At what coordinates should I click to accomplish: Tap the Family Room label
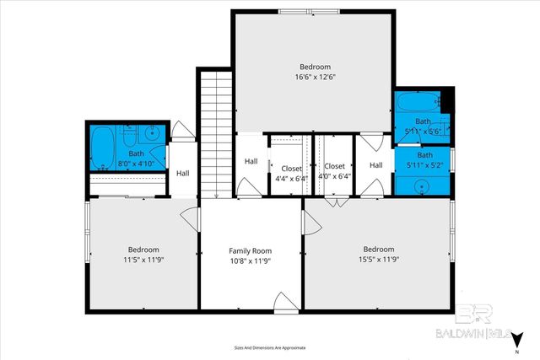click(251, 250)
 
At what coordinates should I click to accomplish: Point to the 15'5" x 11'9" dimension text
click(378, 261)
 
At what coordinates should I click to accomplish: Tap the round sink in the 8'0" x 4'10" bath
click(148, 132)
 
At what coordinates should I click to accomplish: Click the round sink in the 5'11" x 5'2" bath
click(424, 186)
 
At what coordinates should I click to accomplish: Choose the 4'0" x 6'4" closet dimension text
click(334, 178)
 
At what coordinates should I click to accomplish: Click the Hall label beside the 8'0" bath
click(183, 174)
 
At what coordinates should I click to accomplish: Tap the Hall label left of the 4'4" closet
click(251, 161)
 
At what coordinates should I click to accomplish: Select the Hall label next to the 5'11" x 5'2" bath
click(375, 164)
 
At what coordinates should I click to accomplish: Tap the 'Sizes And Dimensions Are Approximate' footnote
click(269, 347)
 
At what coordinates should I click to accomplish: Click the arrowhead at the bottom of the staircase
click(216, 196)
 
